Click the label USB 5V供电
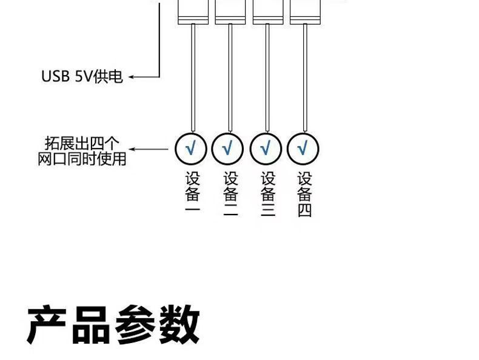pos(82,77)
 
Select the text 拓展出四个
pos(82,144)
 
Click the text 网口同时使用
pos(82,159)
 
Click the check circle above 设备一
pos(191,148)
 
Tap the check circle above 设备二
pos(228,148)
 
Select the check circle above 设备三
pos(266,148)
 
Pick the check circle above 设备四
pos(303,148)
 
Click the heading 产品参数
pos(113,325)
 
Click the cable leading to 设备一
pos(192,79)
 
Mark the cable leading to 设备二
pos(230,79)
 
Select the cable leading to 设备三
pos(267,79)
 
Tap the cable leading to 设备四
pos(304,79)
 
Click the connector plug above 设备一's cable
pos(192,12)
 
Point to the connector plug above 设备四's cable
pos(305,12)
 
